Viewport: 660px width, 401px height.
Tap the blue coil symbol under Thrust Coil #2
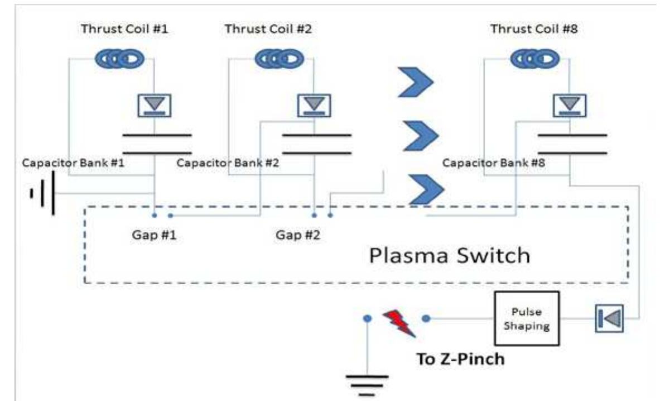click(280, 58)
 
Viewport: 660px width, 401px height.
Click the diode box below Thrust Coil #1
click(154, 104)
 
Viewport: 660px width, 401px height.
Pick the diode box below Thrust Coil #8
click(569, 104)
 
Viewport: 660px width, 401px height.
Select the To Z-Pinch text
click(460, 359)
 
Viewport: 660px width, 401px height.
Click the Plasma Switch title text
click(449, 255)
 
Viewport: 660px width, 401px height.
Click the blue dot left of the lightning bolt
click(367, 318)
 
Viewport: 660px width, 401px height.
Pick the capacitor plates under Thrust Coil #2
click(317, 144)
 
